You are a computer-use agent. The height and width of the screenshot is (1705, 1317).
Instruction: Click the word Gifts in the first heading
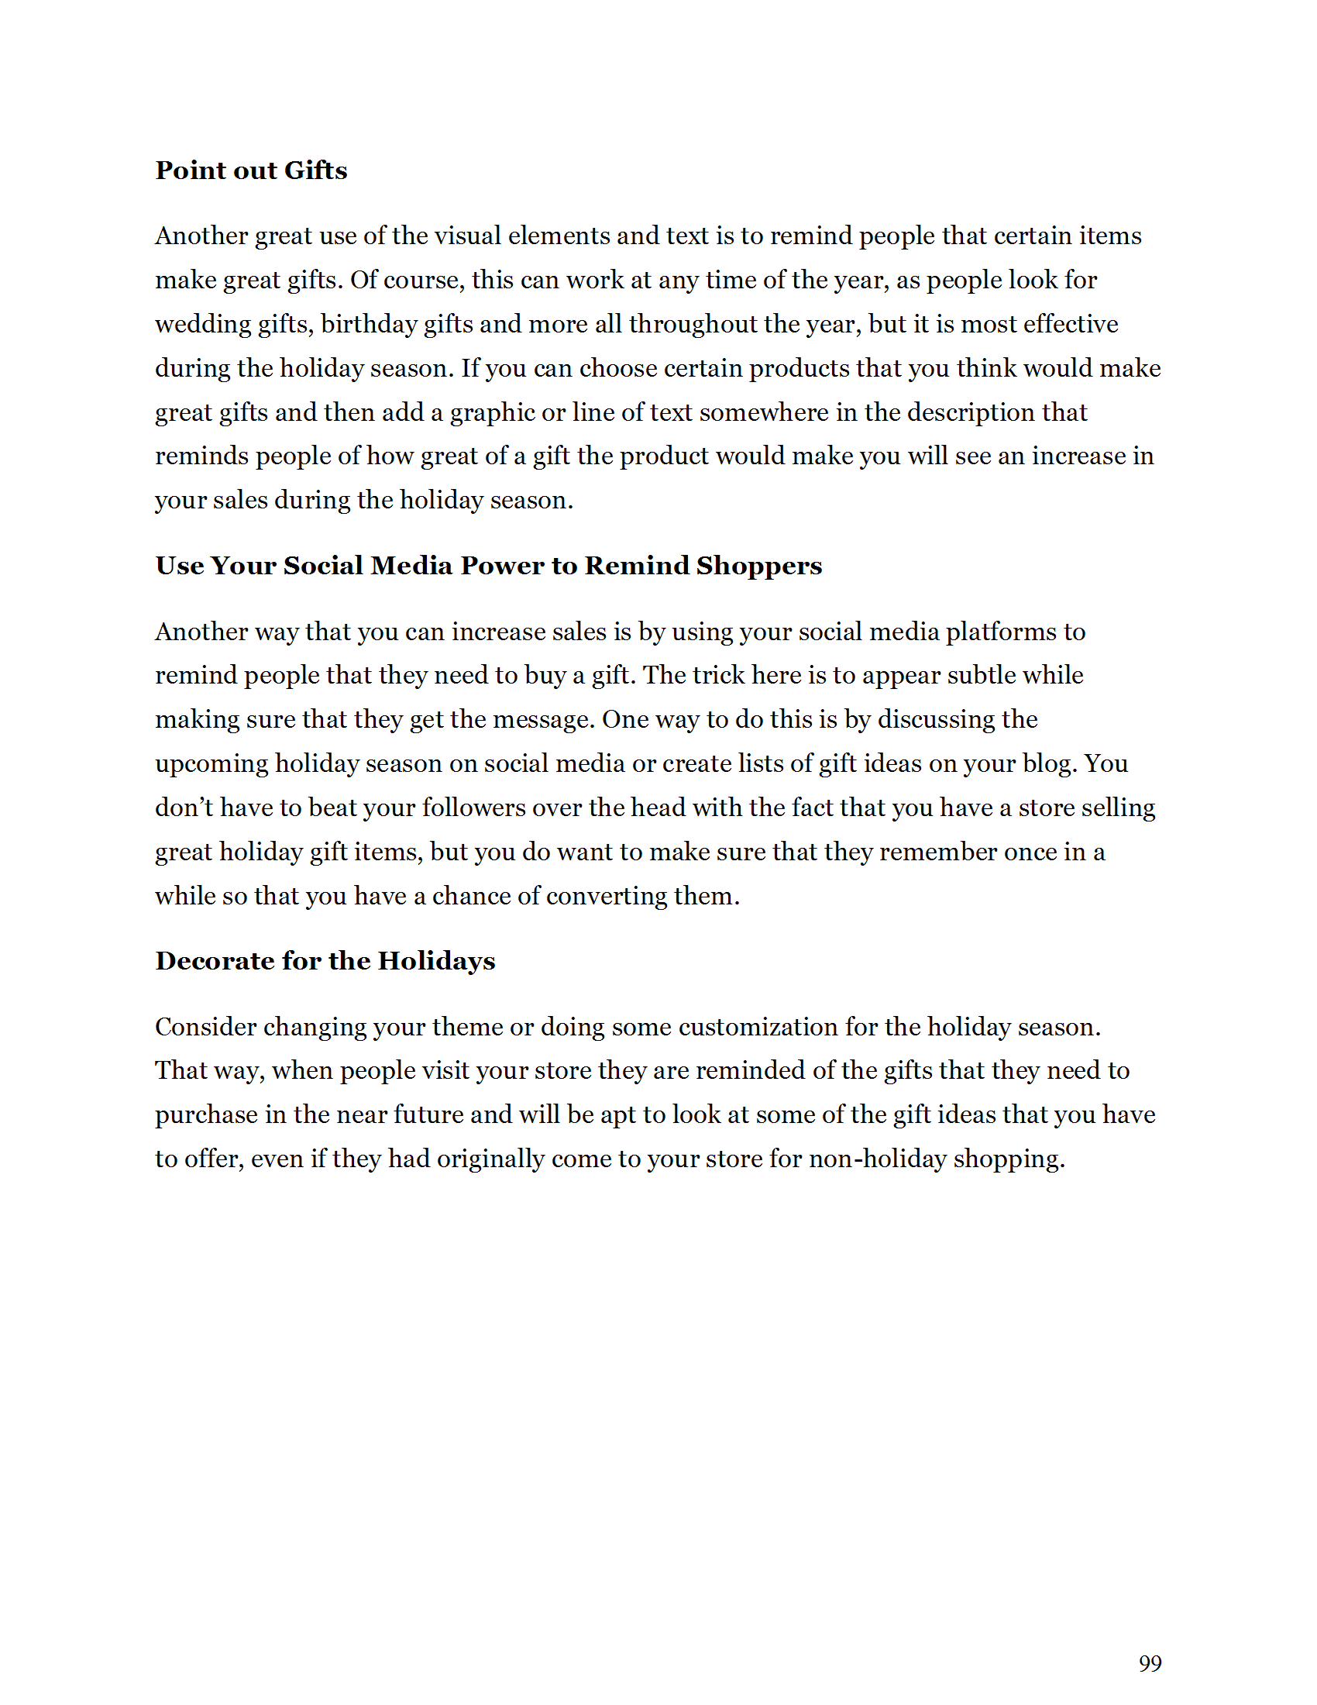click(x=315, y=170)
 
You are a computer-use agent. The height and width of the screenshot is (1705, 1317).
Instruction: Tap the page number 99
click(x=1149, y=1663)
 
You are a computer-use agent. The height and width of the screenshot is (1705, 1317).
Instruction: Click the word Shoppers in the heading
click(x=758, y=565)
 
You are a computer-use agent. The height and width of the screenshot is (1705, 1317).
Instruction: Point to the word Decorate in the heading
click(x=213, y=960)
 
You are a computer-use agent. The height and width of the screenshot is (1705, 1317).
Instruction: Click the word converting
click(x=607, y=895)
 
